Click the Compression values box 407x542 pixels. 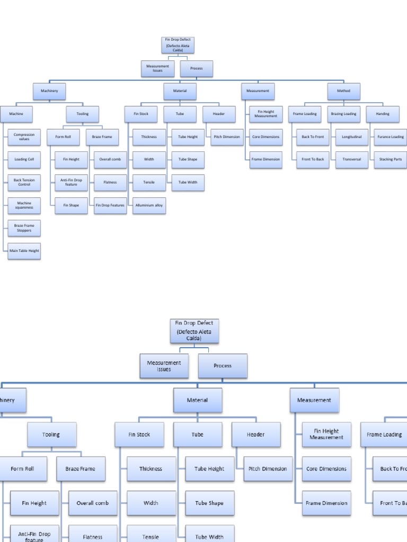click(24, 137)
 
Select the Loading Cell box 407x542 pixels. click(24, 159)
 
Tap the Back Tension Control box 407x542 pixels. click(24, 182)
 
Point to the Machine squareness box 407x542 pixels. click(24, 205)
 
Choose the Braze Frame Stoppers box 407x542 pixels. click(24, 228)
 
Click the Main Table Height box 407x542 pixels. click(24, 251)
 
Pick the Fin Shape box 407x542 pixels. click(71, 205)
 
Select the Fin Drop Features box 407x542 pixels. click(110, 205)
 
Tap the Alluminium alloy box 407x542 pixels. click(149, 205)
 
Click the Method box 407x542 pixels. click(343, 91)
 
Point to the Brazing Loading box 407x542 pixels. click(343, 114)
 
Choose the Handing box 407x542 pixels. click(383, 114)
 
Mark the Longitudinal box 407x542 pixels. click(351, 137)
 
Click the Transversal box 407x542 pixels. click(351, 159)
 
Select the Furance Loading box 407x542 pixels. click(391, 137)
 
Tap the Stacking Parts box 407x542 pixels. click(391, 159)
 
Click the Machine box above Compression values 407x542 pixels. click(16, 114)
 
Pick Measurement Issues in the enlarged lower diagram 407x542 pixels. click(164, 366)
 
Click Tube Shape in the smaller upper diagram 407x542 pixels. click(188, 159)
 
